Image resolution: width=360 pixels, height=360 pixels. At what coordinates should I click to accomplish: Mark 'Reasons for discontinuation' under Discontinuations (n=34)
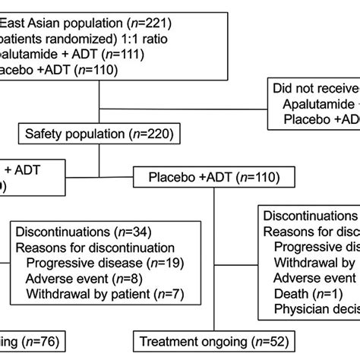[x=95, y=248]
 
